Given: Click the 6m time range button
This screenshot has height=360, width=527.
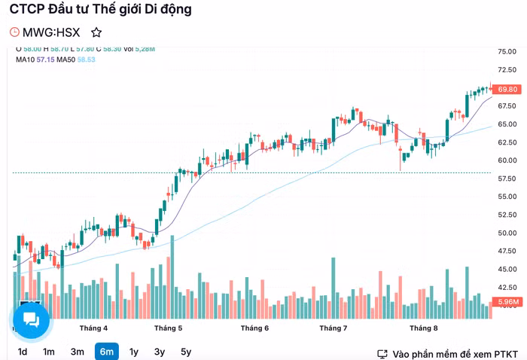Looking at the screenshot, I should [106, 352].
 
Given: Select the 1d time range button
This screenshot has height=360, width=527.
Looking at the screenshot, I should [23, 352].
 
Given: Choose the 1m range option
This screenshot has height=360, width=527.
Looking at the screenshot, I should [49, 352].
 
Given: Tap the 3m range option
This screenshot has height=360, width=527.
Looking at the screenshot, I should [78, 352].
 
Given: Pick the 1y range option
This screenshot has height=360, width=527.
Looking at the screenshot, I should [134, 352].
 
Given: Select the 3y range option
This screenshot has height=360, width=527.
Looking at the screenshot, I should [160, 352].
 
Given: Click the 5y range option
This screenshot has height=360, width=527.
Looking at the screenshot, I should [186, 352].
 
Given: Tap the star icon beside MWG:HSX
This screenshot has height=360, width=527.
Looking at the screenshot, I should [96, 32].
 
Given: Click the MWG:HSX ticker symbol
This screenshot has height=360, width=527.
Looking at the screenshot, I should [51, 32].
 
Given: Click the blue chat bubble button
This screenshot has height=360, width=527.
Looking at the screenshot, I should [31, 320].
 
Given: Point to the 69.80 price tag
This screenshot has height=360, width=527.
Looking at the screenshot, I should [507, 89].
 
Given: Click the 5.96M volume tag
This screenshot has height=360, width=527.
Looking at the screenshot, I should [507, 302].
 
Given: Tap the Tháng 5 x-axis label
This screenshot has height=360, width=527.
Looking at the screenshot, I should [169, 328].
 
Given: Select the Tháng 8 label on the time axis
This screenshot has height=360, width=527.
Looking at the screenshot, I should [424, 328].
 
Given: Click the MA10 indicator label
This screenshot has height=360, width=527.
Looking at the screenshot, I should [25, 59].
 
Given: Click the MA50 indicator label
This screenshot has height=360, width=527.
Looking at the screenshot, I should [67, 59].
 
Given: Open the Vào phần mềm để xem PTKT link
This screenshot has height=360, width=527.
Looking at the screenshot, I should [449, 353].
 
